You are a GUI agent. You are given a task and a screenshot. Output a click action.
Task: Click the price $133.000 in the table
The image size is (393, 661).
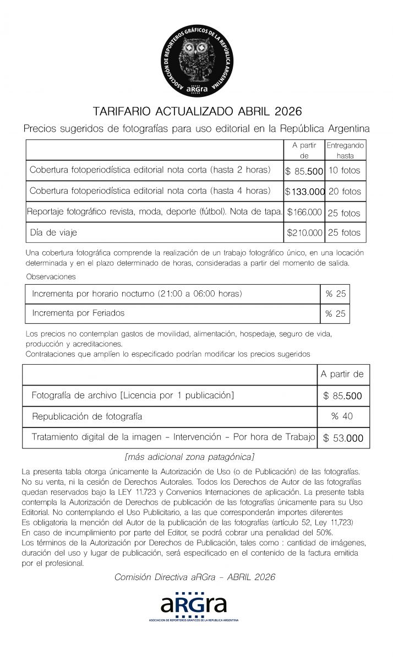(304, 192)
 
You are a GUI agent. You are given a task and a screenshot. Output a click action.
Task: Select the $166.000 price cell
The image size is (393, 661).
(304, 212)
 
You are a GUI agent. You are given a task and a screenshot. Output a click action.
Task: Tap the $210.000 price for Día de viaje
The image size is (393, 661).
(304, 232)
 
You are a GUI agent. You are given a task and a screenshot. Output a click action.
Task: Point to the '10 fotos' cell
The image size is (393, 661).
(344, 171)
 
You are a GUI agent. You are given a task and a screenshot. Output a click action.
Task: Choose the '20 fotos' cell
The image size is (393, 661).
(345, 192)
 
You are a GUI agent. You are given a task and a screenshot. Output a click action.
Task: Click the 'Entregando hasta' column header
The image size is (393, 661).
(345, 150)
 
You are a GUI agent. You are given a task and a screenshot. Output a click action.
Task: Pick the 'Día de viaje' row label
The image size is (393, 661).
(53, 232)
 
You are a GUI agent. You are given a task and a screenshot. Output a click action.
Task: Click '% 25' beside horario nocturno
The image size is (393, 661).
(335, 294)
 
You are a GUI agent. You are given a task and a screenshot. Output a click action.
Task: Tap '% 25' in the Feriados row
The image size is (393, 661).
(335, 313)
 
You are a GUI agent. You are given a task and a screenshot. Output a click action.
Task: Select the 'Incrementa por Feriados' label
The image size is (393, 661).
(78, 313)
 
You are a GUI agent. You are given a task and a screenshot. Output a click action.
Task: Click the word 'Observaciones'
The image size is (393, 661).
(51, 277)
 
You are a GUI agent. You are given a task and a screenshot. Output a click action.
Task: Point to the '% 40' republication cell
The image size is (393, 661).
(342, 416)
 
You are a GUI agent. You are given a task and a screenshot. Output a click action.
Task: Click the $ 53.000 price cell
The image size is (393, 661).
(343, 438)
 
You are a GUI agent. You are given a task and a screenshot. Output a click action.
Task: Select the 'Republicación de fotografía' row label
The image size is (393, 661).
(87, 416)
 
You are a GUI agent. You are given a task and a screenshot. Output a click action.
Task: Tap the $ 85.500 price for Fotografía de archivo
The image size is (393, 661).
(343, 395)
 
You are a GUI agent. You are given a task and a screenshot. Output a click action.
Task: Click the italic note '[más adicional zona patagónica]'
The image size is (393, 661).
(189, 457)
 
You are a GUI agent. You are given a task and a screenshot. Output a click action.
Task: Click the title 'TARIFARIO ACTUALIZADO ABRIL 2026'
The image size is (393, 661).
(197, 112)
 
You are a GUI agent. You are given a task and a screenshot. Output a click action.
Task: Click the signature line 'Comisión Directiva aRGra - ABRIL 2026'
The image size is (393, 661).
(194, 577)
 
